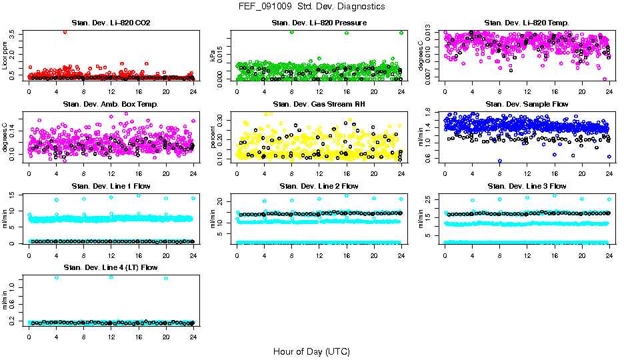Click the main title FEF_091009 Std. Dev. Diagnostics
pyautogui.click(x=311, y=6)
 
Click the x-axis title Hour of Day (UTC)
pyautogui.click(x=311, y=351)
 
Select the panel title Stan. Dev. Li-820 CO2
pyautogui.click(x=111, y=23)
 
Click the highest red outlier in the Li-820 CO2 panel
pyautogui.click(x=65, y=31)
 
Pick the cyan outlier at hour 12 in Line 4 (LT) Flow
pyautogui.click(x=111, y=277)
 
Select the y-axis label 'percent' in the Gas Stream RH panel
pyautogui.click(x=213, y=138)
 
